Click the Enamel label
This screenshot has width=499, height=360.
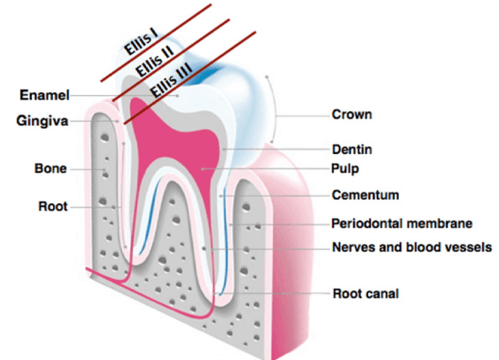tap(45, 95)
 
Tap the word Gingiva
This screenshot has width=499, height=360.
tap(44, 121)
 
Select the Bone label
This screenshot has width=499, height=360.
tap(51, 169)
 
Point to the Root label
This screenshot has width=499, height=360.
tap(52, 206)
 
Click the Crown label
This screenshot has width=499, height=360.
tap(351, 114)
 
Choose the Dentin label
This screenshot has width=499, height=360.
tap(351, 150)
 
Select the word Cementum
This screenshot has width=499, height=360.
tap(365, 195)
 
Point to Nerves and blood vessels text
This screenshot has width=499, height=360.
tap(412, 247)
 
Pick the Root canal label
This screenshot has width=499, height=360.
tap(365, 293)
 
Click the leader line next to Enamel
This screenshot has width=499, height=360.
tap(122, 95)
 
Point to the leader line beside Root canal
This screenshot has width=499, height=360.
tap(273, 294)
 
